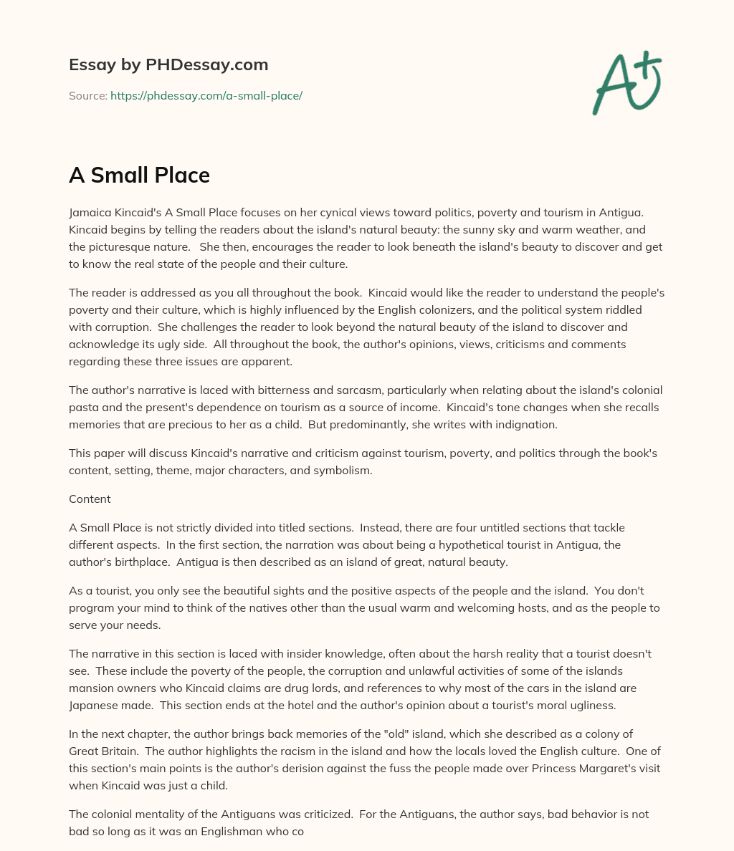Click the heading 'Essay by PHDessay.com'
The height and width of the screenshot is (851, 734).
click(x=168, y=64)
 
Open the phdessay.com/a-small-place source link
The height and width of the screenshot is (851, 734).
click(x=206, y=95)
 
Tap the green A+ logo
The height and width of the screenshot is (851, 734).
click(x=626, y=83)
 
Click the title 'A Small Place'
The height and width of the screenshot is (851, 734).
click(x=139, y=175)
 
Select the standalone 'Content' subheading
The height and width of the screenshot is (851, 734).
click(x=90, y=499)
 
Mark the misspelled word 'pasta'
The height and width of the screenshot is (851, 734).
click(x=83, y=407)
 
